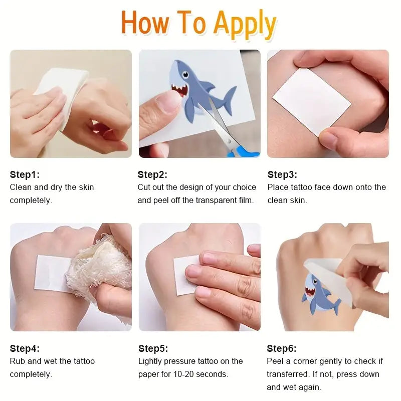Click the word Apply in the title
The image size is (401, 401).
point(245,25)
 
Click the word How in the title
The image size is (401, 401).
point(145,23)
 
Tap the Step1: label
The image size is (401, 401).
point(25,174)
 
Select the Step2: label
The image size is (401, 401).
point(152,174)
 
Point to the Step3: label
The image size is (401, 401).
point(282,174)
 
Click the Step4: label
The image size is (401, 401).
point(25,348)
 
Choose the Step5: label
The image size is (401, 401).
point(153,348)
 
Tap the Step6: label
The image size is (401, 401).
point(282,348)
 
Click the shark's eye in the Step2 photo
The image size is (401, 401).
point(185,75)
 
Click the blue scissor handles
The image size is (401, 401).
point(244,151)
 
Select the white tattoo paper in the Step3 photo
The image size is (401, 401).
point(311,102)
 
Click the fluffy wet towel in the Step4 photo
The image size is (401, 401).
point(100,266)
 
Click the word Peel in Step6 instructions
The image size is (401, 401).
point(275,361)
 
